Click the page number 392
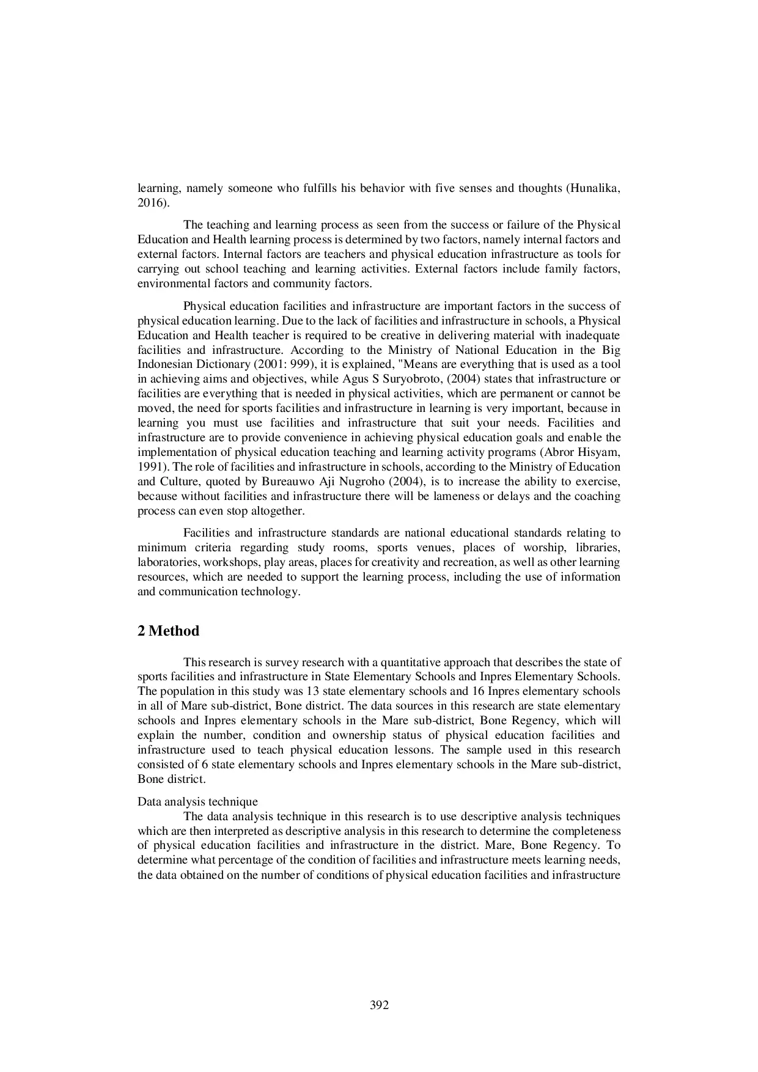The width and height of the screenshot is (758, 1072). pos(379,1005)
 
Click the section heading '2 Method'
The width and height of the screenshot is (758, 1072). pos(168,631)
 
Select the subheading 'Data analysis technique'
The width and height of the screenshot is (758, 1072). pos(197,801)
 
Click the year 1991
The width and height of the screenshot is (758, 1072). pos(150,467)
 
